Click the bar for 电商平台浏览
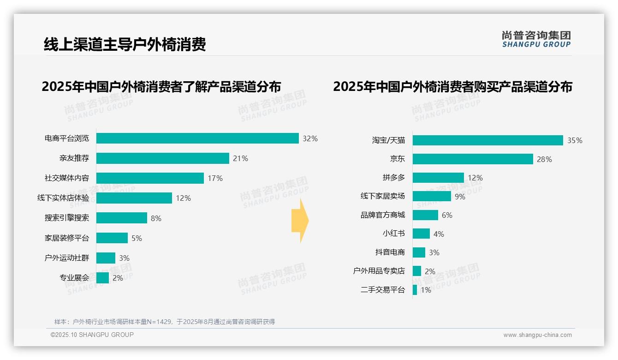(197, 138)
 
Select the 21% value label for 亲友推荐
(240, 158)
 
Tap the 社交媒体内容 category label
(66, 178)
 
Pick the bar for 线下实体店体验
(134, 198)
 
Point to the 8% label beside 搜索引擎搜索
(156, 218)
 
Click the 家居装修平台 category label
(66, 238)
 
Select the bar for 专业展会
(102, 278)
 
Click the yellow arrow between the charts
(300, 221)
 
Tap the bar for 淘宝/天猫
(487, 140)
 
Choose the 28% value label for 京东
(544, 159)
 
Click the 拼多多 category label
(393, 178)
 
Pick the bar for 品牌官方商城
(425, 215)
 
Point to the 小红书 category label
(393, 234)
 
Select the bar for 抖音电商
(419, 252)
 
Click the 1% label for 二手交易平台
(425, 290)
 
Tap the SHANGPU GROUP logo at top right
(536, 39)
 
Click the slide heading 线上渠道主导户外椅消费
(125, 44)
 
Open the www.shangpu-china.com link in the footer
(537, 335)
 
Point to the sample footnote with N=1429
(164, 322)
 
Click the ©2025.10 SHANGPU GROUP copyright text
(92, 335)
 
